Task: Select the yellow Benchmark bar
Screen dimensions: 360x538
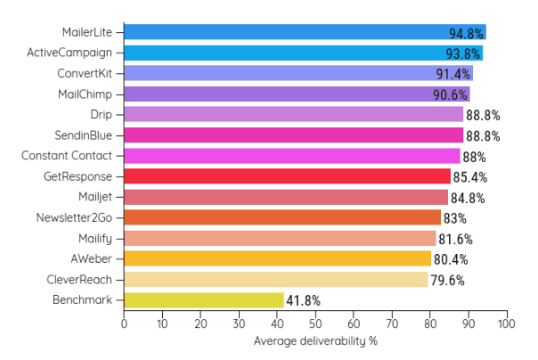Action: (204, 300)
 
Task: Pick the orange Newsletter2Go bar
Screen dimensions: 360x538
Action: (282, 217)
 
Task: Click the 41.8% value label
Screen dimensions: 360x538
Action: (303, 301)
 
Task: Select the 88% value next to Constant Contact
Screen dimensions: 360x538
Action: (474, 157)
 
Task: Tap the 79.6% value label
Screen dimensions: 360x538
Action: (447, 280)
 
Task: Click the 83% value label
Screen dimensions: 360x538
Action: (454, 218)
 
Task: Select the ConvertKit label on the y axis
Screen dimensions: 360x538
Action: (85, 73)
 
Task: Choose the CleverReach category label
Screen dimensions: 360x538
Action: (81, 280)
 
